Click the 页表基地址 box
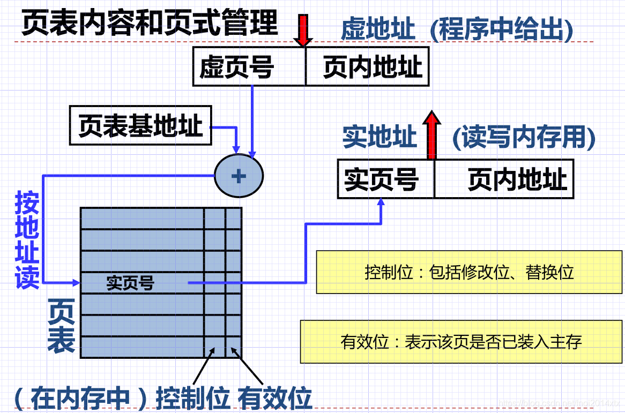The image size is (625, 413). tap(140, 126)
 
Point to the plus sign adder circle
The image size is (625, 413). tap(239, 176)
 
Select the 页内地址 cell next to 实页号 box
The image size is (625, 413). tap(504, 179)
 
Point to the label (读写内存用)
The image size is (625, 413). tap(524, 138)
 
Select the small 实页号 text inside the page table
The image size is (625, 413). tap(130, 283)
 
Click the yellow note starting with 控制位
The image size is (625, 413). tap(469, 272)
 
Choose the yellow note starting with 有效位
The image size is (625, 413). tap(461, 342)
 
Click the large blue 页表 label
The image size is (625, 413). tap(62, 326)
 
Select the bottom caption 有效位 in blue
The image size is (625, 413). tap(275, 399)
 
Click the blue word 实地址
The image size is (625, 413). tap(380, 137)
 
